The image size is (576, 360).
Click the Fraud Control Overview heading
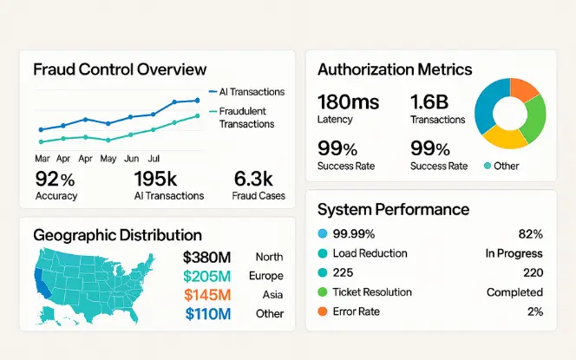pyautogui.click(x=120, y=69)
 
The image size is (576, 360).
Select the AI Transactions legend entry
pyautogui.click(x=252, y=92)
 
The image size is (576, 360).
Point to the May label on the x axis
pyautogui.click(x=108, y=159)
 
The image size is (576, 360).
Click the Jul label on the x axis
pyautogui.click(x=154, y=159)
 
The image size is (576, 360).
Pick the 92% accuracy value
pyautogui.click(x=56, y=180)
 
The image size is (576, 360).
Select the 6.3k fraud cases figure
pyautogui.click(x=254, y=180)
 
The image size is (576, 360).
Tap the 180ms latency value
pyautogui.click(x=348, y=102)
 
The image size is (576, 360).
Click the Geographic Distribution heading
pyautogui.click(x=117, y=234)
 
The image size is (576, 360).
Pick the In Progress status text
pyautogui.click(x=514, y=253)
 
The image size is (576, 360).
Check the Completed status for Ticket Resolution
pyautogui.click(x=514, y=292)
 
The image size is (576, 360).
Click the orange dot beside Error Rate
pyautogui.click(x=324, y=311)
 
